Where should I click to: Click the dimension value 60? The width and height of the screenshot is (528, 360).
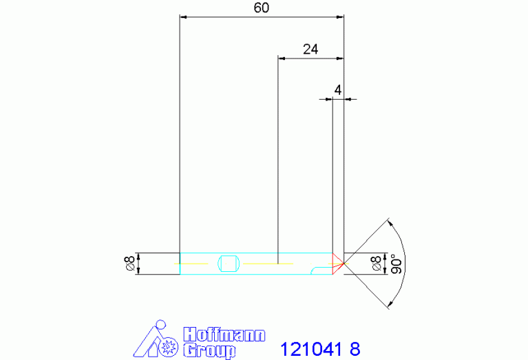pos(262,8)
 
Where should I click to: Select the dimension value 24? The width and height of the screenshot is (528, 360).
pos(310,49)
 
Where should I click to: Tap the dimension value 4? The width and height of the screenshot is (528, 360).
pos(338,90)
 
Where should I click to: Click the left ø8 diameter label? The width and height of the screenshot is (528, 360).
pos(130,263)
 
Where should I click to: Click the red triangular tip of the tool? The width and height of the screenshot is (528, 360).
pos(337,264)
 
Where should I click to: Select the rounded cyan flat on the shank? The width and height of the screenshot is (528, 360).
pos(229,264)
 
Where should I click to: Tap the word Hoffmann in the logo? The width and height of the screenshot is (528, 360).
pos(224,335)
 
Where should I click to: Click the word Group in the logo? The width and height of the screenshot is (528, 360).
pos(209,350)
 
